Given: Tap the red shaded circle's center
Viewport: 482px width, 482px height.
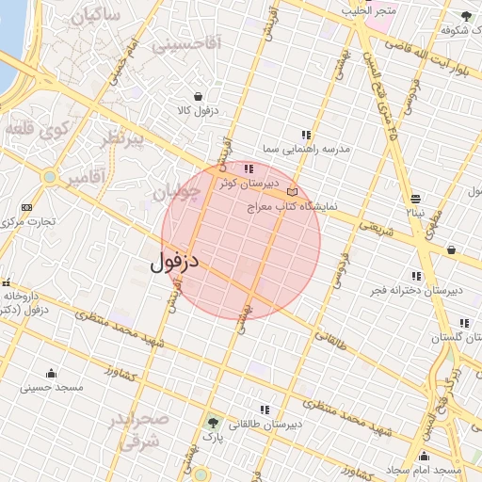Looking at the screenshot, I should coord(241,241).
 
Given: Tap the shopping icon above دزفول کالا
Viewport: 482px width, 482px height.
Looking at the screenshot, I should coord(198,96).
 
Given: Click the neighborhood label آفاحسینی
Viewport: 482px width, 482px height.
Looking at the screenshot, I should coord(185,43).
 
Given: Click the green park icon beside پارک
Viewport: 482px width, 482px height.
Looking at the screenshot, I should coord(214,423).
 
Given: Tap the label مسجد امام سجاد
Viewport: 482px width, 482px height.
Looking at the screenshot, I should coord(423,469).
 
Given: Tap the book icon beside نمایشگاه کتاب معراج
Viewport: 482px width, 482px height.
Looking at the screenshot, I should coord(291,191).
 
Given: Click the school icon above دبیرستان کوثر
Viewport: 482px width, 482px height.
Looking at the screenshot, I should coord(249,169).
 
